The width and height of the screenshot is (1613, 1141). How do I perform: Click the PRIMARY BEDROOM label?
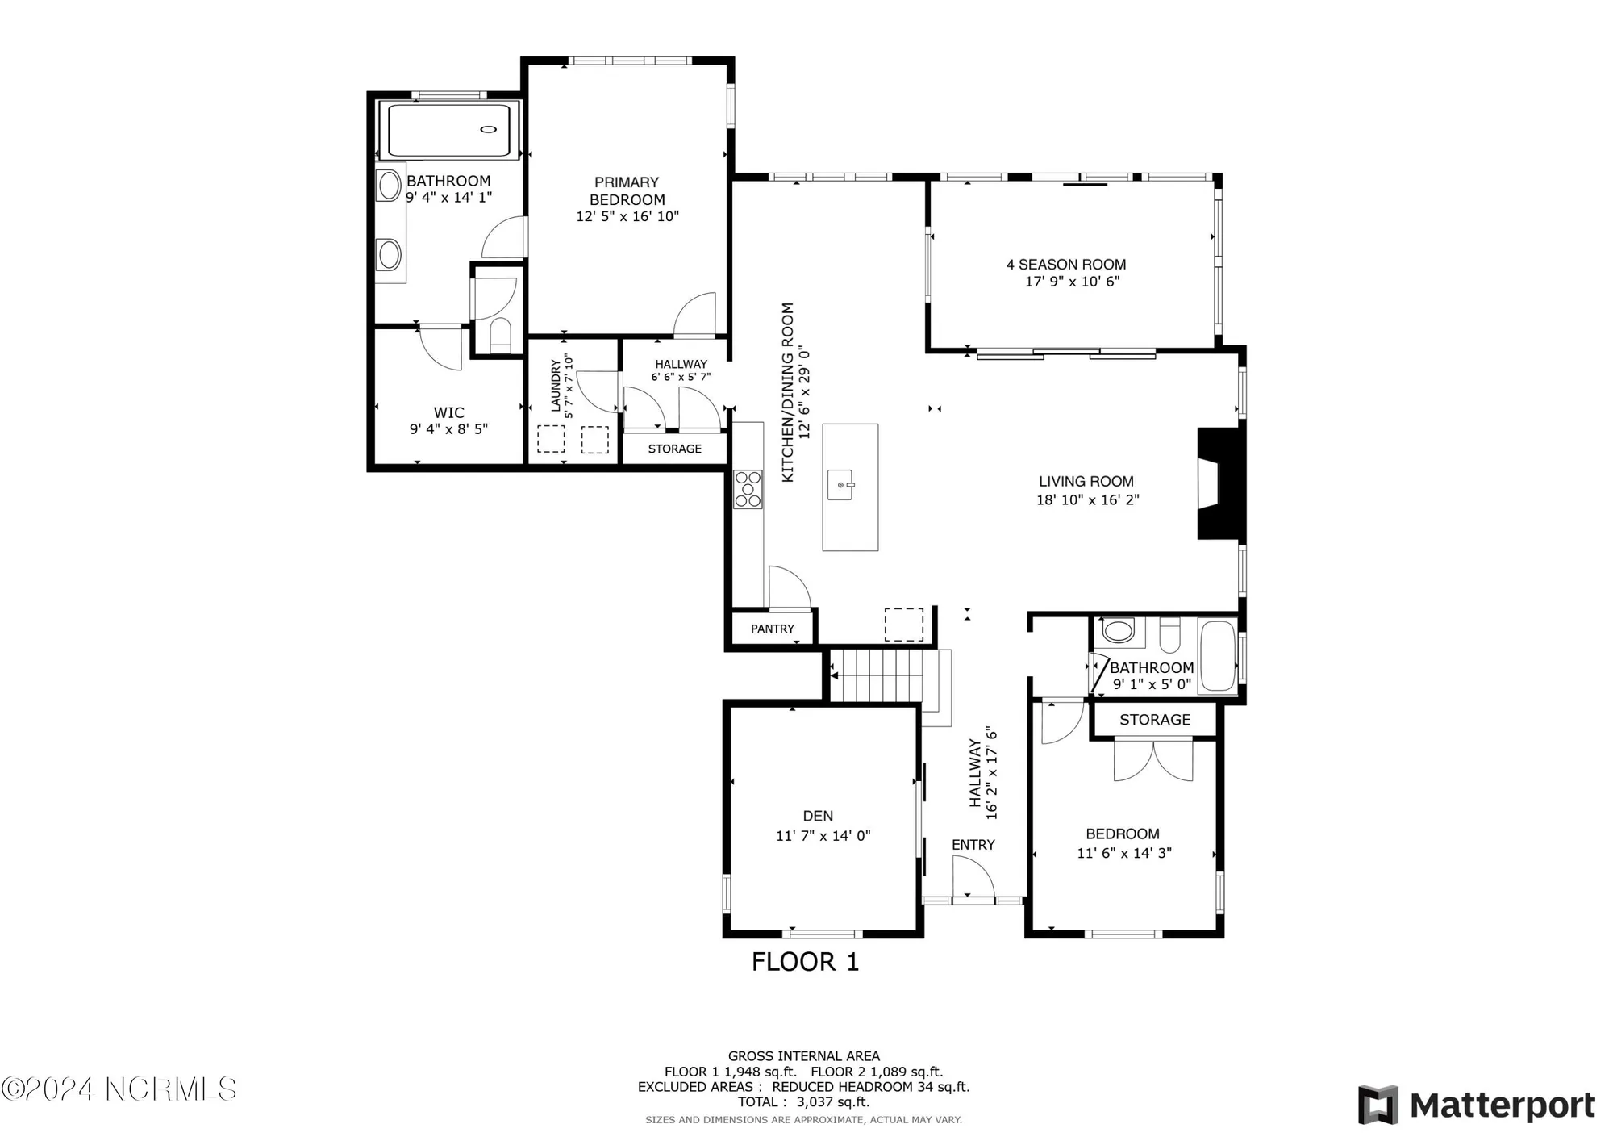tap(627, 191)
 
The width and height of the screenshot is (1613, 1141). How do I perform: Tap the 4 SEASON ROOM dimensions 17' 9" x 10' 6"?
tap(1072, 282)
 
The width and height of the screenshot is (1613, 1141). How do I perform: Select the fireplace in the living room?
tap(1219, 483)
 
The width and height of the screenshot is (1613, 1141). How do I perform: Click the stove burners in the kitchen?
tap(748, 489)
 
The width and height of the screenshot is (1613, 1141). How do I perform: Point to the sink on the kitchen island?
tap(840, 486)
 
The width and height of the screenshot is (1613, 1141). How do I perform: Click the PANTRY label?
tap(772, 629)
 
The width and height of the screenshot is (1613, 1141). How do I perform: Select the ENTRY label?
tap(973, 845)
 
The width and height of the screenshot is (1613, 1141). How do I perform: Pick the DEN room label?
tap(818, 816)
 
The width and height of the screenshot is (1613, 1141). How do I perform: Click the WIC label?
tap(448, 412)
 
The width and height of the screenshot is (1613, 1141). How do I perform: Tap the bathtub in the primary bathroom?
tap(449, 130)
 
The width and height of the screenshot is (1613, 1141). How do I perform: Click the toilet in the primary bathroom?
tap(500, 335)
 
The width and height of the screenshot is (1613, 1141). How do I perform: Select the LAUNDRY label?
tap(556, 386)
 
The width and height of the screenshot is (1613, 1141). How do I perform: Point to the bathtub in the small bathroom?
tap(1217, 656)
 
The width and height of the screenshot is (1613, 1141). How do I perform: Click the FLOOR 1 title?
tap(805, 962)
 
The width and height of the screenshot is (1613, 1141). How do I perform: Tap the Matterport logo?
tap(1476, 1105)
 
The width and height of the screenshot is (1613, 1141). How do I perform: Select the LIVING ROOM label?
tap(1086, 482)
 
